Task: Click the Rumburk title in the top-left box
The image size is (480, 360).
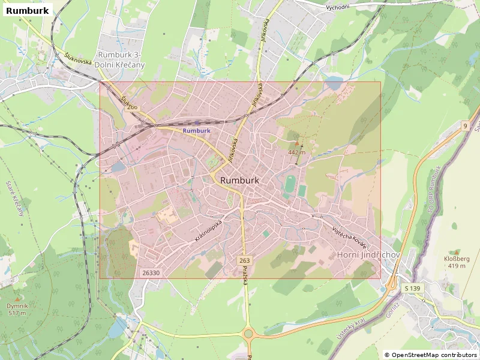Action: coord(27,10)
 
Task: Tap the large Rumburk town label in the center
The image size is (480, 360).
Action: coord(239,180)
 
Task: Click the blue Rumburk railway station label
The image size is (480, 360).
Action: coord(197,130)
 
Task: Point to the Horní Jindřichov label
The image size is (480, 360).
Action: coord(369,255)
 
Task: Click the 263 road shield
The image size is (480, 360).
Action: coord(244,260)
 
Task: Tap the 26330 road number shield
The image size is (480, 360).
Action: coord(151,273)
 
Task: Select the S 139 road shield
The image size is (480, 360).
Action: coord(413,289)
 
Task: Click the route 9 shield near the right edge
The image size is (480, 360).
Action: coord(464,125)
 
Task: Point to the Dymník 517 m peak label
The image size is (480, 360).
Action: coord(17,310)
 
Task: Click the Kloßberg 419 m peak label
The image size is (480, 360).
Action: coord(455,262)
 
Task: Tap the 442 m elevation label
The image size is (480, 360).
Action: coord(296,152)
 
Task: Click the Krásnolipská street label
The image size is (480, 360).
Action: coord(208,230)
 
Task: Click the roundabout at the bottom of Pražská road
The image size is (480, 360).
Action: coord(248,333)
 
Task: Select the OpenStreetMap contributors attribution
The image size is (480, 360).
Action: coord(431,355)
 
